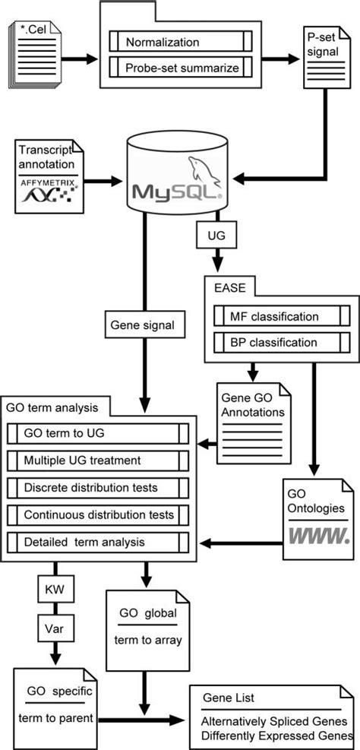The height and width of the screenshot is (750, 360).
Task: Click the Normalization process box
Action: point(181,42)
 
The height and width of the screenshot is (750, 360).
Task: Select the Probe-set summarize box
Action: point(181,67)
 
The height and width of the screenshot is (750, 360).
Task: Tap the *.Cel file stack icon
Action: point(34,59)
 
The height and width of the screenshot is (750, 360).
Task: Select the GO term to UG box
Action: point(98,434)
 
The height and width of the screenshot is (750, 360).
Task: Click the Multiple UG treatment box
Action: point(98,460)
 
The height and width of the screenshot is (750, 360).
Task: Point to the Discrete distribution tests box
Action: point(98,488)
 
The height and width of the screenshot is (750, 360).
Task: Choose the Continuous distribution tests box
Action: point(98,515)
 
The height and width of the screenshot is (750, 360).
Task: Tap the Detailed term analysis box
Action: point(98,543)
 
